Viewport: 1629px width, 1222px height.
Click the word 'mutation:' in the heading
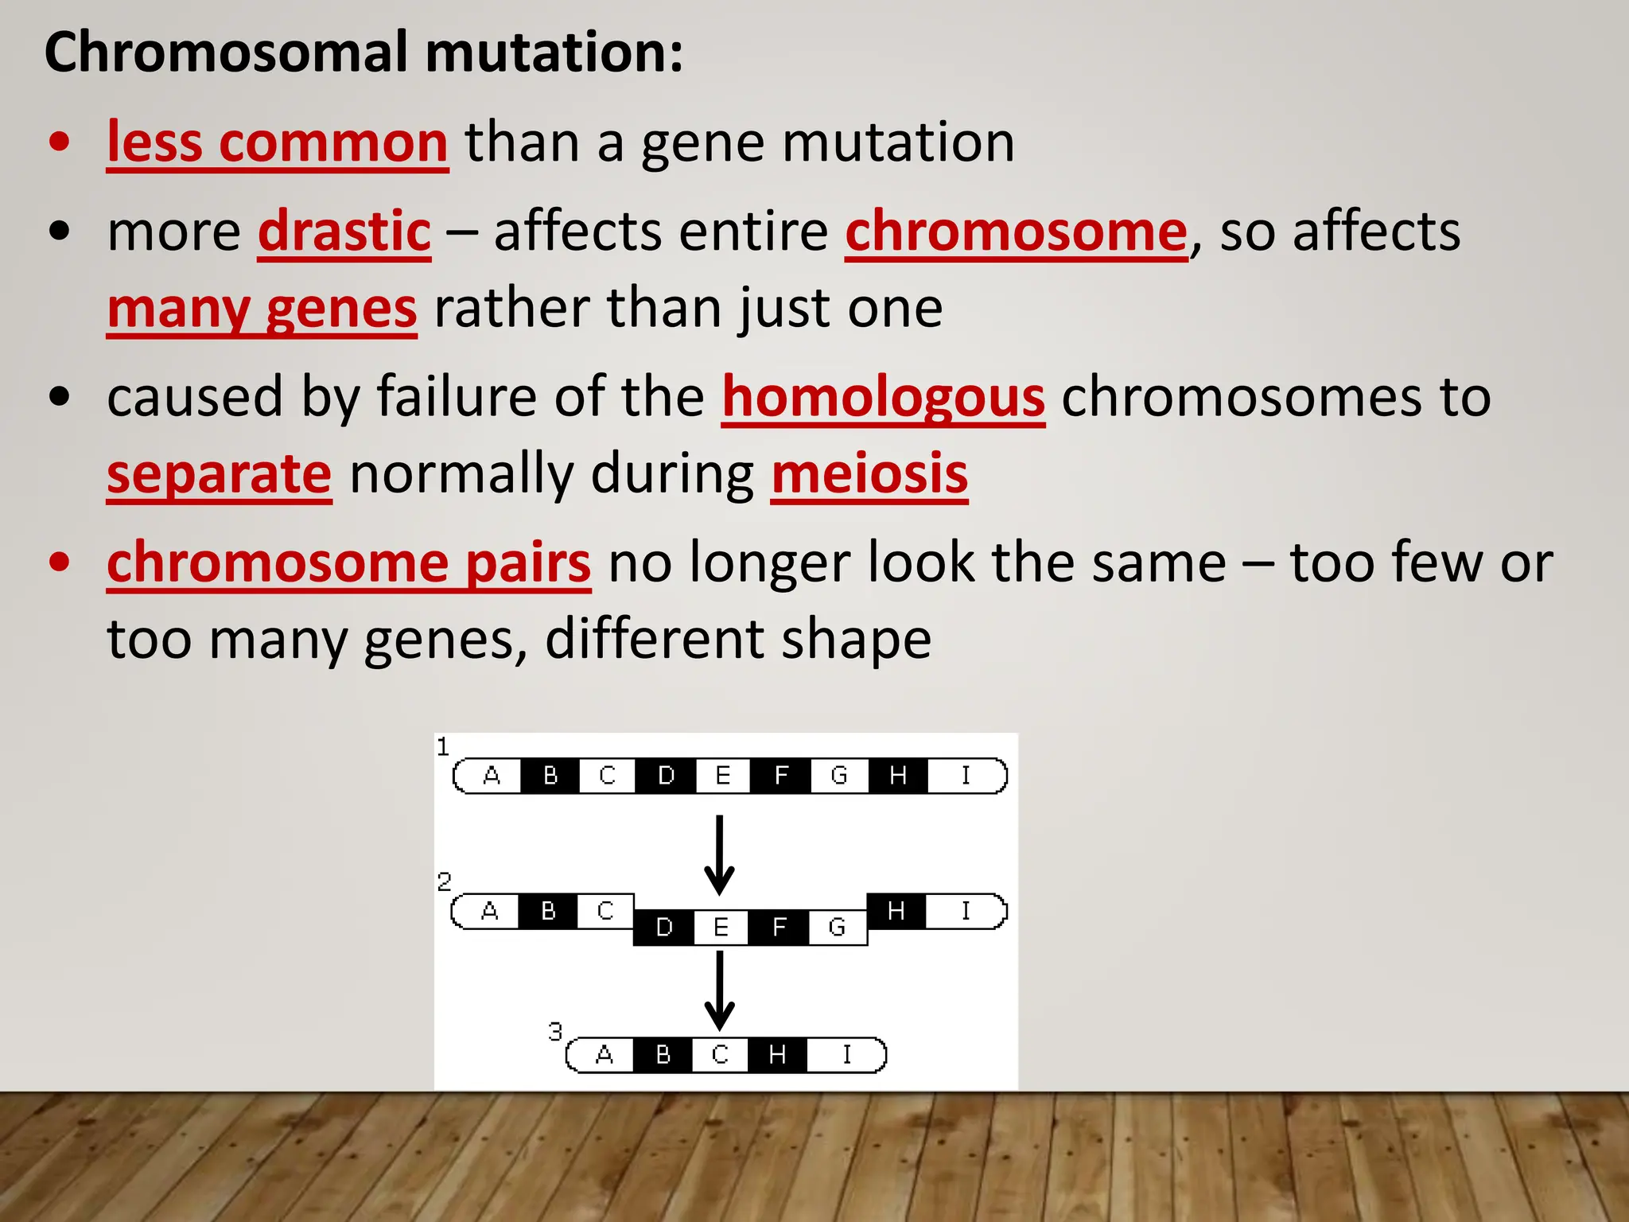click(x=554, y=53)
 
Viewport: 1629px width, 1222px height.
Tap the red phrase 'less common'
click(x=278, y=142)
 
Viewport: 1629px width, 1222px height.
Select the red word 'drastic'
click(x=344, y=232)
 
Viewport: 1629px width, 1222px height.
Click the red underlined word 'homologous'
click(x=883, y=397)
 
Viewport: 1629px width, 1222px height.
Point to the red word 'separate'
click(x=219, y=474)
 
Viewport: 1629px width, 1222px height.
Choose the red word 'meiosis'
click(x=869, y=474)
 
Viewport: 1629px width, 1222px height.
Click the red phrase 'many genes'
click(x=262, y=309)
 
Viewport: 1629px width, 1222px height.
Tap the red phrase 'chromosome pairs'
click(x=348, y=562)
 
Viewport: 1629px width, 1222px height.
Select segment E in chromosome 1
click(x=722, y=776)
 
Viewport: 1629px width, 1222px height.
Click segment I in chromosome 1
click(x=966, y=776)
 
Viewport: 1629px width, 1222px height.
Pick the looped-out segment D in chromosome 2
click(x=664, y=928)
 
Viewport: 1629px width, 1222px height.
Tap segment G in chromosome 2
click(x=837, y=928)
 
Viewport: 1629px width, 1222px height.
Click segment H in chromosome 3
click(x=777, y=1055)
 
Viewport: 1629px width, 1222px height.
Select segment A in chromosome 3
click(x=605, y=1055)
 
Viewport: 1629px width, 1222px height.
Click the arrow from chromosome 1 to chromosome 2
click(x=719, y=855)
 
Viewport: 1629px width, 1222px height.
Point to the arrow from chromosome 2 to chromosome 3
click(x=719, y=990)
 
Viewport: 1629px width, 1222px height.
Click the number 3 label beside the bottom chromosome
click(x=555, y=1032)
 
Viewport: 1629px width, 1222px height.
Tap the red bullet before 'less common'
click(x=59, y=142)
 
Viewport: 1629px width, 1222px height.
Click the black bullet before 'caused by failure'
click(x=59, y=397)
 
